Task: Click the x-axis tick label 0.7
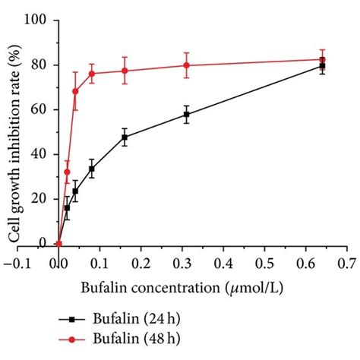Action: pyautogui.click(x=346, y=263)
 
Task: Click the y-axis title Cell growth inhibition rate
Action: pyautogui.click(x=13, y=131)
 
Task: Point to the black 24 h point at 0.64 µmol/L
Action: pyautogui.click(x=322, y=66)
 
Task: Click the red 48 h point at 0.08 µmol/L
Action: pyautogui.click(x=92, y=74)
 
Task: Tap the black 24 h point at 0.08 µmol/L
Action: pyautogui.click(x=92, y=169)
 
